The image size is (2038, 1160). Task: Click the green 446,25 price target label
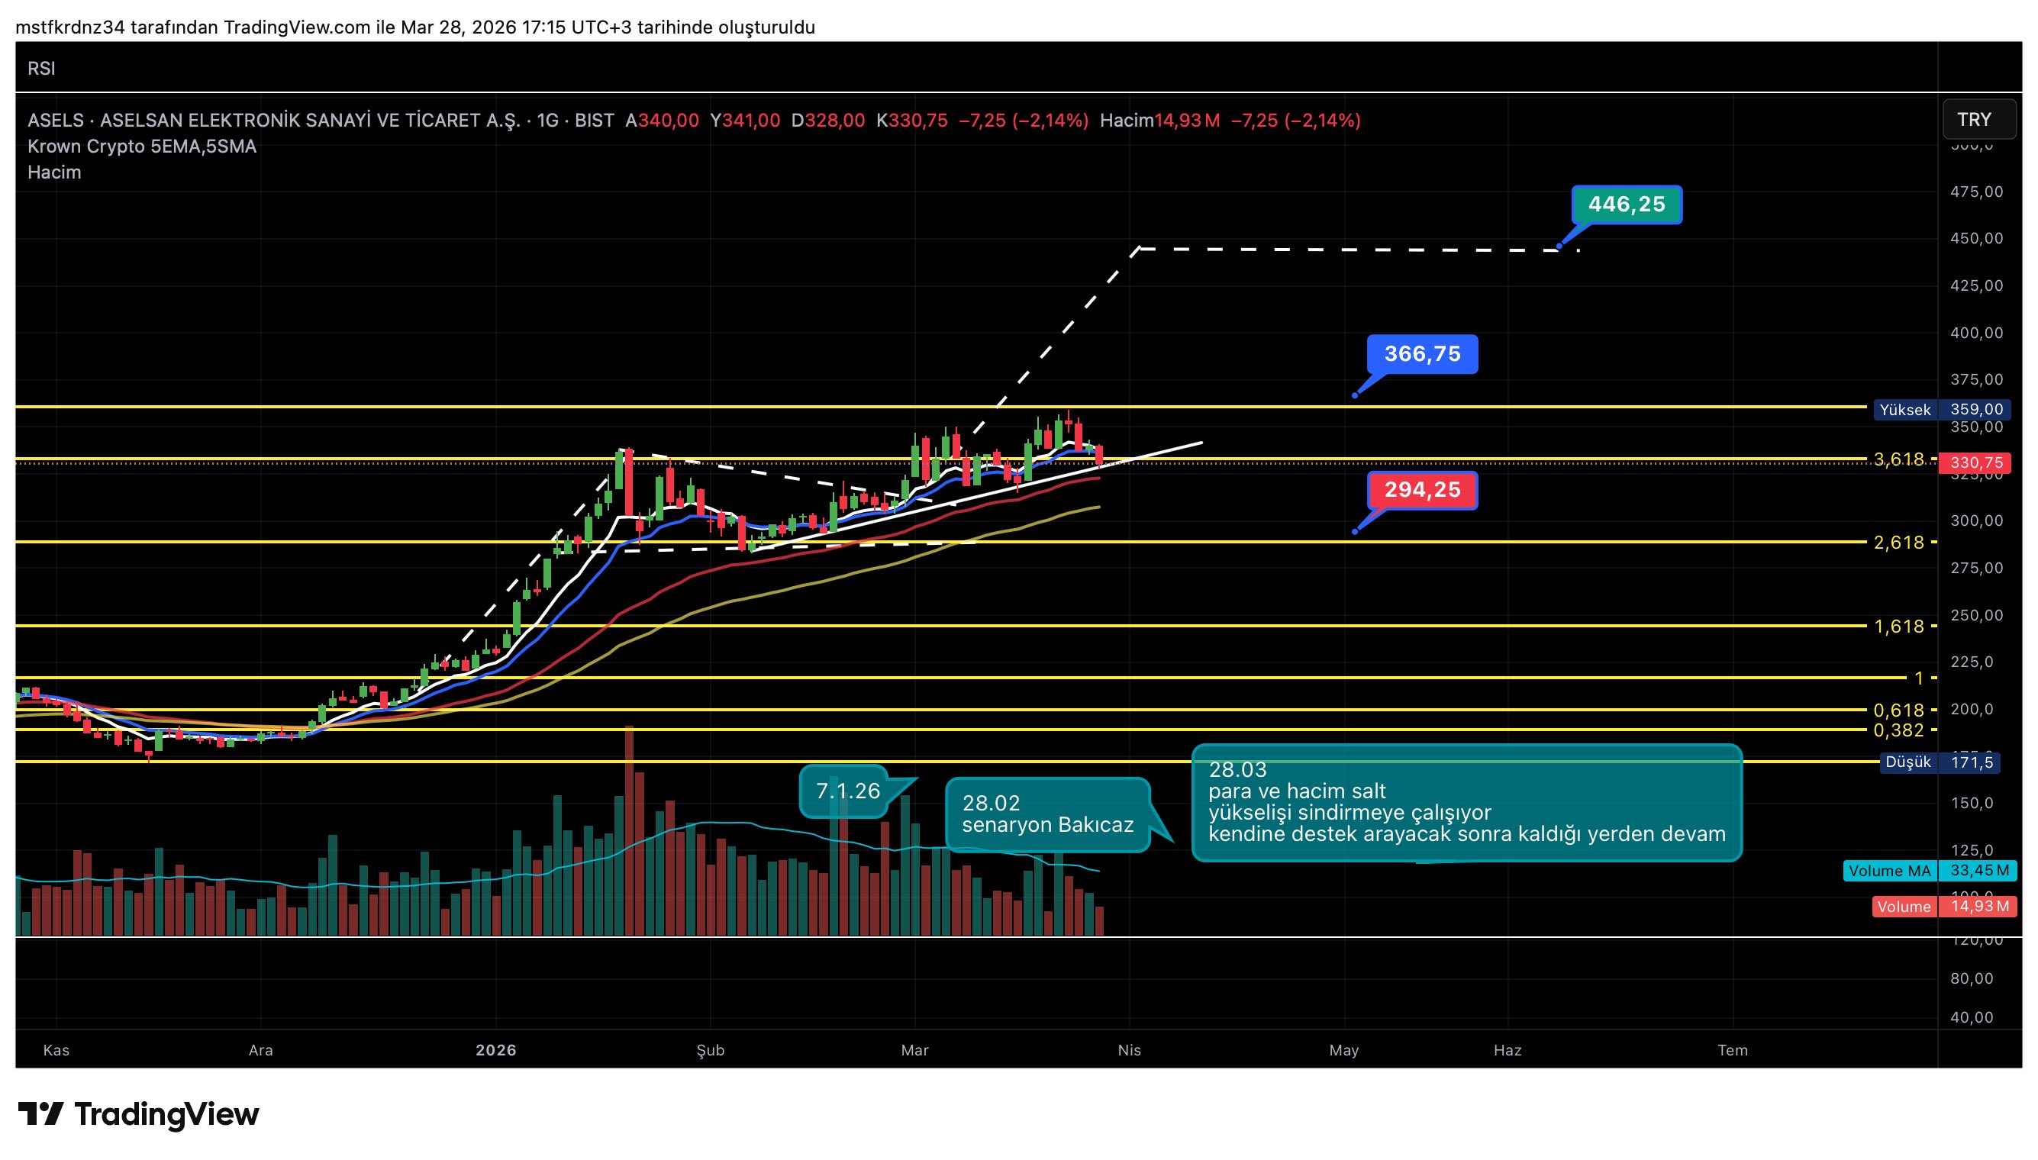pos(1626,205)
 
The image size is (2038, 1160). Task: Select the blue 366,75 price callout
pos(1422,354)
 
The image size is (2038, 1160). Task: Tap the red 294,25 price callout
pos(1422,490)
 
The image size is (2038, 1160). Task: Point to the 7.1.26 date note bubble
pos(847,791)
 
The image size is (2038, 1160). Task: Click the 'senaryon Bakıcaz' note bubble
pos(1047,814)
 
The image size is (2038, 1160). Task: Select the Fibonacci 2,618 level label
pos(1898,543)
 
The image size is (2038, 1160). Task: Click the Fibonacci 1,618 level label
pos(1898,627)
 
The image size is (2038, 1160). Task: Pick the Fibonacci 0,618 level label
pos(1898,710)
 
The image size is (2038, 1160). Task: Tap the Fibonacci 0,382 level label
pos(1898,730)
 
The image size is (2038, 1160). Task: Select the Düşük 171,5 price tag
pos(1940,762)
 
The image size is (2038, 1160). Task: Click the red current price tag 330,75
pos(1975,463)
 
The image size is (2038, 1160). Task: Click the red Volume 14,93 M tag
pos(1943,907)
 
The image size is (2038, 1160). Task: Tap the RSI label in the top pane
pos(41,69)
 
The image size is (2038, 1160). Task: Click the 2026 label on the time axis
pos(495,1050)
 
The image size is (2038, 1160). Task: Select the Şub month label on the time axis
pos(710,1050)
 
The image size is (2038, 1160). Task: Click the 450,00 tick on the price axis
pos(1976,238)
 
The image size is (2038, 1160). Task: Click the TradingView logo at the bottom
pos(139,1113)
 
